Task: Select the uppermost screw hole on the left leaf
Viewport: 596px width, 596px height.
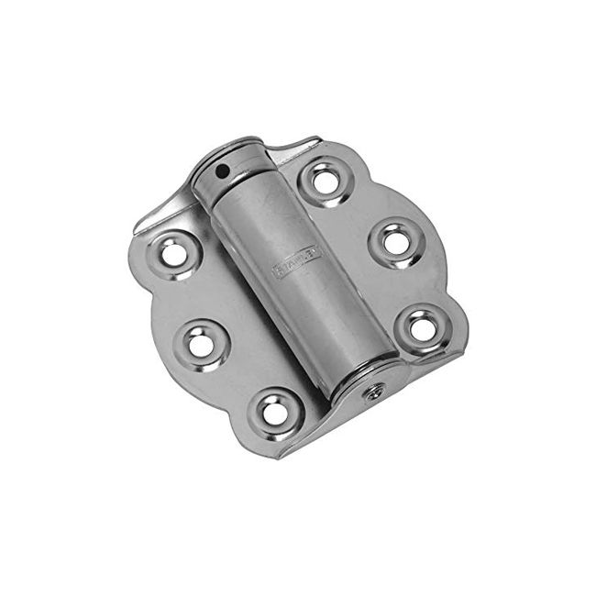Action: (173, 250)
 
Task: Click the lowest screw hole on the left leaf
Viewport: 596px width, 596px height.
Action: (274, 411)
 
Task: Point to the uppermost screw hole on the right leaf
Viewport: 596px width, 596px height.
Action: (325, 179)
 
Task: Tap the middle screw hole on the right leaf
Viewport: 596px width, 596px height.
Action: (395, 241)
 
